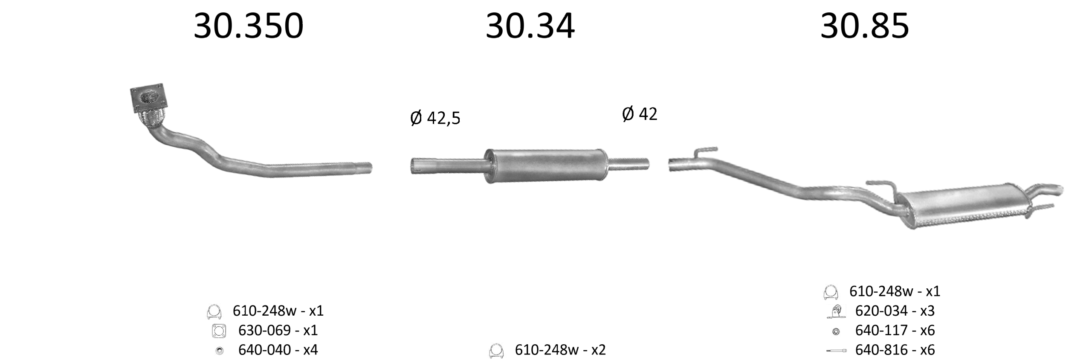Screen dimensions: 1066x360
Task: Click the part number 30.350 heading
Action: pos(249,26)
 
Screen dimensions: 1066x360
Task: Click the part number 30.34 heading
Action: pos(530,26)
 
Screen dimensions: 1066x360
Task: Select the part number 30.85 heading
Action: pos(865,26)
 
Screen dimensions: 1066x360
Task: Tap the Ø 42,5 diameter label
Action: pos(435,118)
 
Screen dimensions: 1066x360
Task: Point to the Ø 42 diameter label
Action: pos(640,114)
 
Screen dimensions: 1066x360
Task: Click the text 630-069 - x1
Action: pos(278,330)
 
